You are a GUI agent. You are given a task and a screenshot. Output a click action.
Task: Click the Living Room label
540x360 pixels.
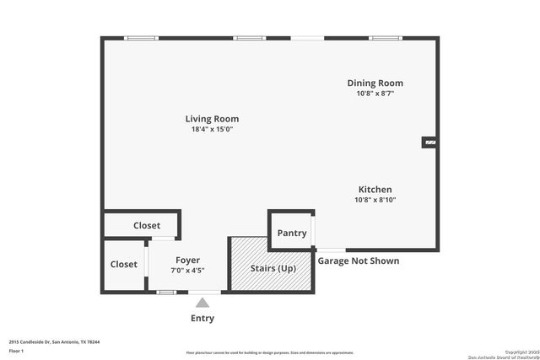[213, 119]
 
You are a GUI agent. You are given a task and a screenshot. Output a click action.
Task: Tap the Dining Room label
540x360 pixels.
[375, 83]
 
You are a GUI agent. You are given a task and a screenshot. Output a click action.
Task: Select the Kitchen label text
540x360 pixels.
[375, 190]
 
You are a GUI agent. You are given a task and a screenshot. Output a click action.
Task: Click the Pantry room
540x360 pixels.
[291, 233]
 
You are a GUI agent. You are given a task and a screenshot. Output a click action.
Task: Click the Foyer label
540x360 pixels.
[187, 260]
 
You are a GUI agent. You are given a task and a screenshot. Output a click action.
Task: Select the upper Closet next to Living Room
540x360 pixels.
[146, 225]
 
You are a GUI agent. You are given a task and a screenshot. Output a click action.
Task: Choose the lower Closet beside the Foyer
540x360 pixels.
[123, 265]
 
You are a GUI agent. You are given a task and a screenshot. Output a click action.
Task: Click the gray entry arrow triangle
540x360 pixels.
[202, 302]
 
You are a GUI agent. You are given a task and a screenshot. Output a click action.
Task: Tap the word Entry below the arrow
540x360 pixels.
[202, 319]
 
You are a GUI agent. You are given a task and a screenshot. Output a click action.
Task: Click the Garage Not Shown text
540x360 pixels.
[358, 261]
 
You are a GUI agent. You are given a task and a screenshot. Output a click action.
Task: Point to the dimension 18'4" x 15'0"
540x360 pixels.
[213, 129]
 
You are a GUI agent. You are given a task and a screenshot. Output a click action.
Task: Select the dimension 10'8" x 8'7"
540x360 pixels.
[375, 93]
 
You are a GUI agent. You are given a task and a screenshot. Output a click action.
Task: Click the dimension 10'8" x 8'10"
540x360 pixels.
[375, 200]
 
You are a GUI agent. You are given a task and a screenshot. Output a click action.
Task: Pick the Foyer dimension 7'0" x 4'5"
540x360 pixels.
[187, 270]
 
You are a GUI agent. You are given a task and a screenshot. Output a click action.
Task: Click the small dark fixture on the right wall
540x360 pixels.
[429, 143]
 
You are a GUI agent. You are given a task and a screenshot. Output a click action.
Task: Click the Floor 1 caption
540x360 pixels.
[16, 350]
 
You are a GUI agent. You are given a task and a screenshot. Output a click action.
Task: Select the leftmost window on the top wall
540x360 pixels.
[141, 38]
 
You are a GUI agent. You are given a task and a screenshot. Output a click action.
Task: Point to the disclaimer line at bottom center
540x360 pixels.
[269, 352]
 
